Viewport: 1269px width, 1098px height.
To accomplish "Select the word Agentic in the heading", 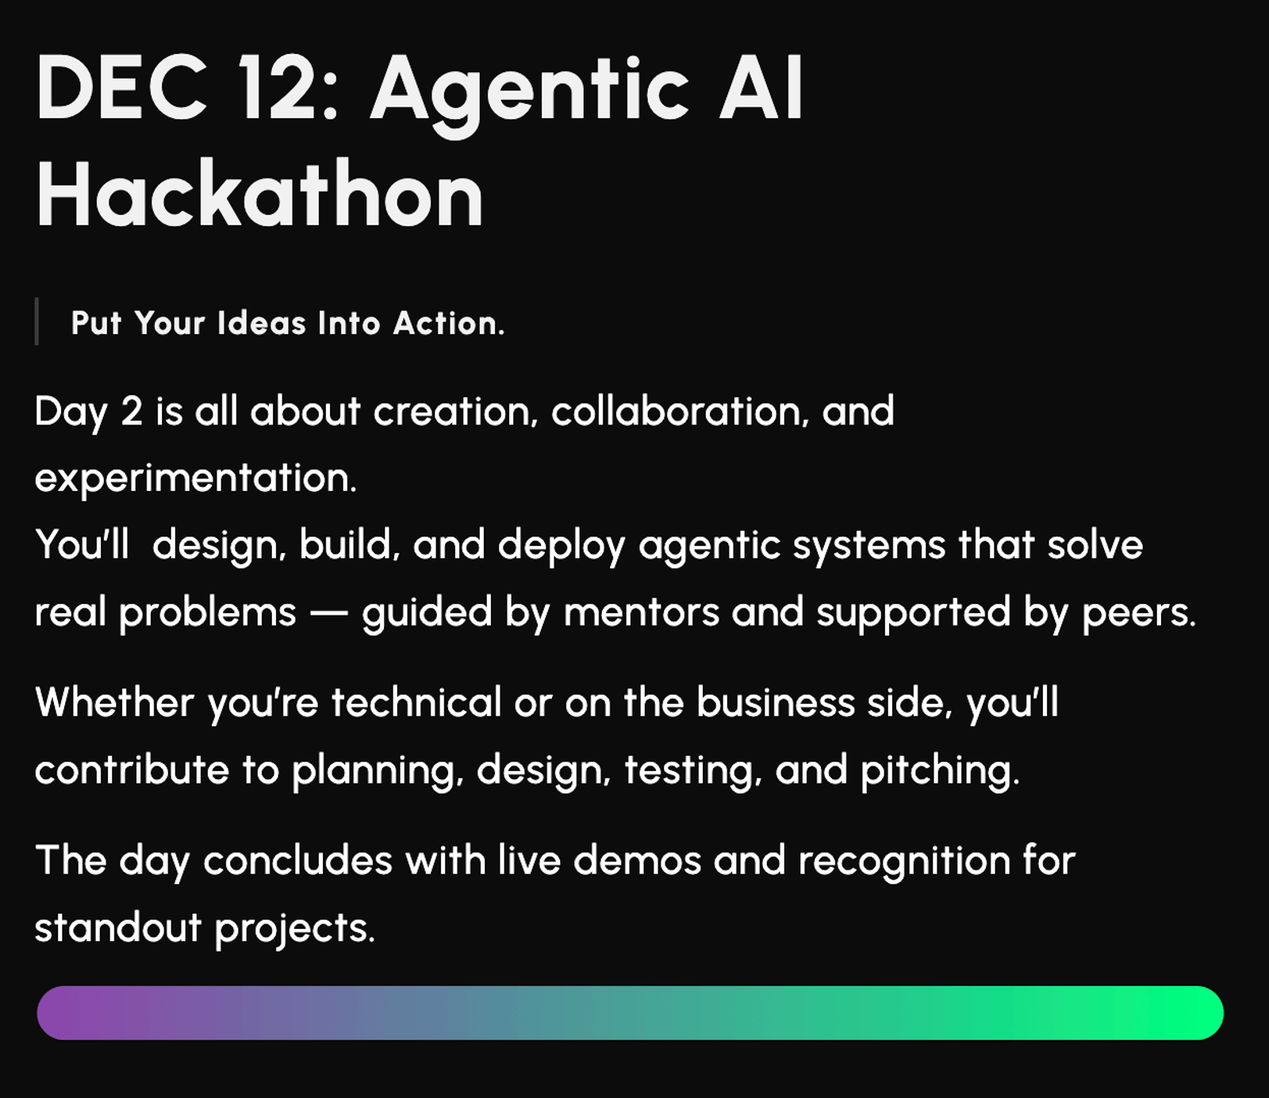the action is (x=530, y=95).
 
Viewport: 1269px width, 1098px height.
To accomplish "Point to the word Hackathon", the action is (x=259, y=194).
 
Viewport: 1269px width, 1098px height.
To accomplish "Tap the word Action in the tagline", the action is (x=449, y=324).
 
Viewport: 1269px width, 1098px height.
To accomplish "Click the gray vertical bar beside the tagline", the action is (x=36, y=321).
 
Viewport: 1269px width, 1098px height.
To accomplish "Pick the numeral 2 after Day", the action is (x=132, y=412).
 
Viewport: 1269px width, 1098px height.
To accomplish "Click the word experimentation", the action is (x=196, y=478).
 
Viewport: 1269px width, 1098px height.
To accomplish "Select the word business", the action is (x=776, y=702).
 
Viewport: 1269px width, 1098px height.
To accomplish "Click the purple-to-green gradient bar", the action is (x=631, y=1013).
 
